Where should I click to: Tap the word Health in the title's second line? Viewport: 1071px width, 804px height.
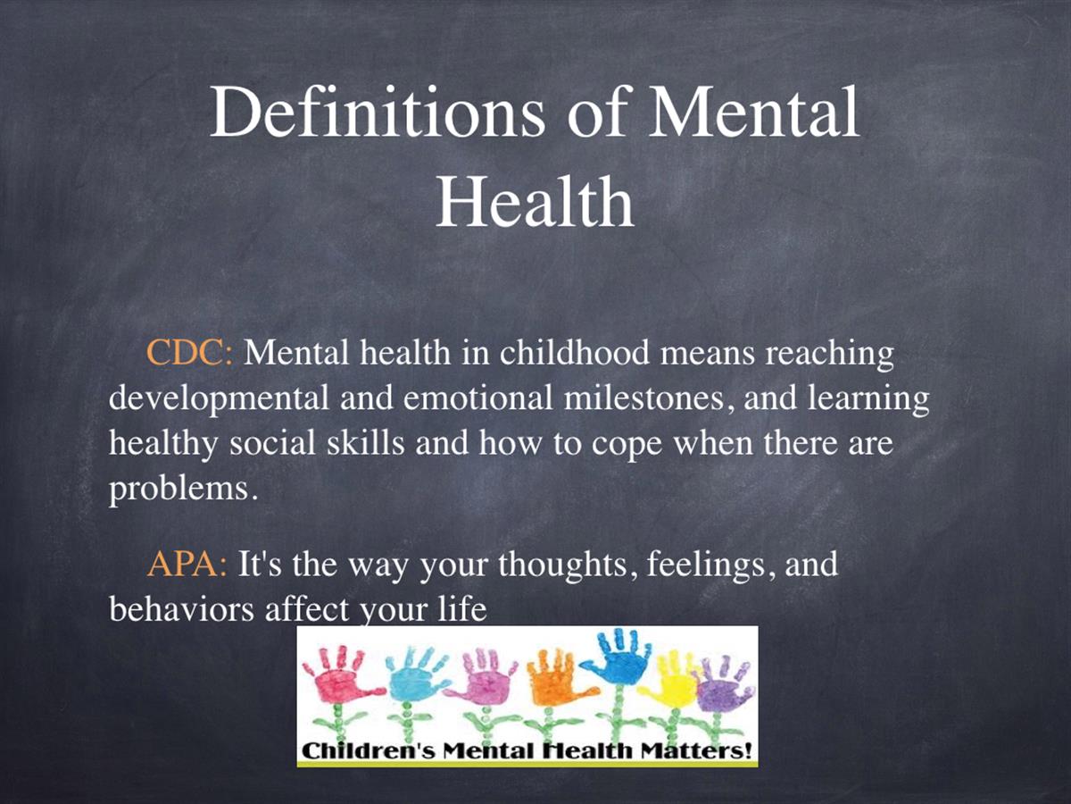(x=535, y=201)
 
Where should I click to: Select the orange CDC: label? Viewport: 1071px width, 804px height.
(x=190, y=352)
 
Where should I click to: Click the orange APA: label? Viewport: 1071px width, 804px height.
(x=187, y=564)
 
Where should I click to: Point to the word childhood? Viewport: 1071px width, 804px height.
(x=574, y=352)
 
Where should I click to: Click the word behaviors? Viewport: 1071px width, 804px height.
(x=181, y=609)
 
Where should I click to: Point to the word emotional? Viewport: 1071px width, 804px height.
(x=477, y=398)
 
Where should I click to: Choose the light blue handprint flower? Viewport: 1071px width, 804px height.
(x=412, y=688)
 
